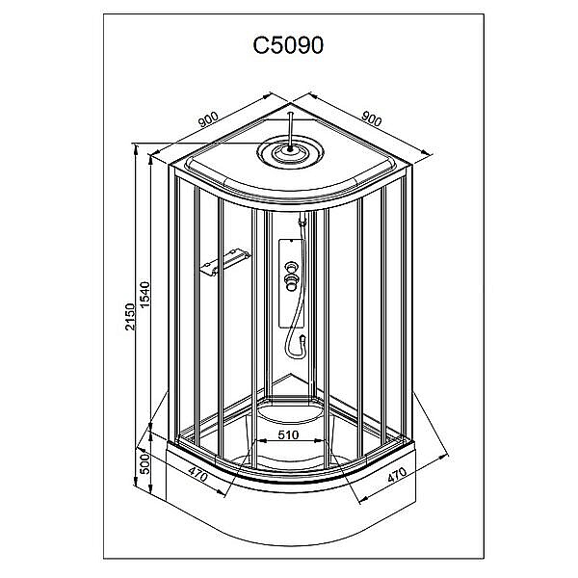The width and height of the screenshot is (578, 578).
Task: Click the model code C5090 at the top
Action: pos(288,46)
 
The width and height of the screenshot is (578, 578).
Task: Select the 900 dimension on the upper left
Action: pos(207,118)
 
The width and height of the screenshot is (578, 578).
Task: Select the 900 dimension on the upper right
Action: pos(372,118)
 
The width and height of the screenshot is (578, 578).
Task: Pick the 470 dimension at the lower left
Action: pos(199,473)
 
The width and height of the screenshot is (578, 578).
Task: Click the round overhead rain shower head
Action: pos(289,152)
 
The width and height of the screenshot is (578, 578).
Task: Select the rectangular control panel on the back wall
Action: pos(289,279)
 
